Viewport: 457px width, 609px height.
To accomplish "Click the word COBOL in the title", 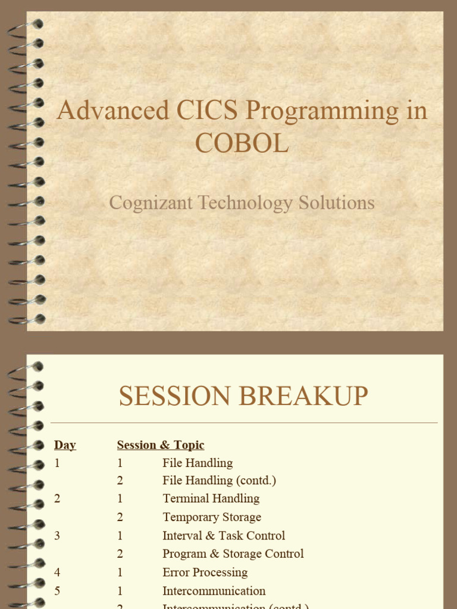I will pyautogui.click(x=242, y=143).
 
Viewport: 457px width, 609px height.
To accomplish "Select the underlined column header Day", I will pyautogui.click(x=65, y=445).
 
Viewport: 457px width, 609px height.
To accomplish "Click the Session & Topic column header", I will pyautogui.click(x=161, y=445).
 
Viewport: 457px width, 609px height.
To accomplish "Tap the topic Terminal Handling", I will pyautogui.click(x=211, y=498).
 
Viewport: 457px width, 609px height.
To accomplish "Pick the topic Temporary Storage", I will pyautogui.click(x=212, y=517).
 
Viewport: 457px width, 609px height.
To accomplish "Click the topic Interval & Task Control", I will pyautogui.click(x=224, y=535).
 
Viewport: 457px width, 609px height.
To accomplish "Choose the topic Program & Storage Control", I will pyautogui.click(x=233, y=554).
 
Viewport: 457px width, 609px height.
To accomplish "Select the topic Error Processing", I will pyautogui.click(x=205, y=572).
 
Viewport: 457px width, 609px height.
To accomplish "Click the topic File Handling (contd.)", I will pyautogui.click(x=219, y=480).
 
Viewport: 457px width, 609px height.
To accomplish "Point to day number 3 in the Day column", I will pyautogui.click(x=57, y=535).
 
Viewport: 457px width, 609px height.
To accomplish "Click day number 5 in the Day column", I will pyautogui.click(x=57, y=591).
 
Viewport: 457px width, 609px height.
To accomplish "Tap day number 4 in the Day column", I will pyautogui.click(x=57, y=572).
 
